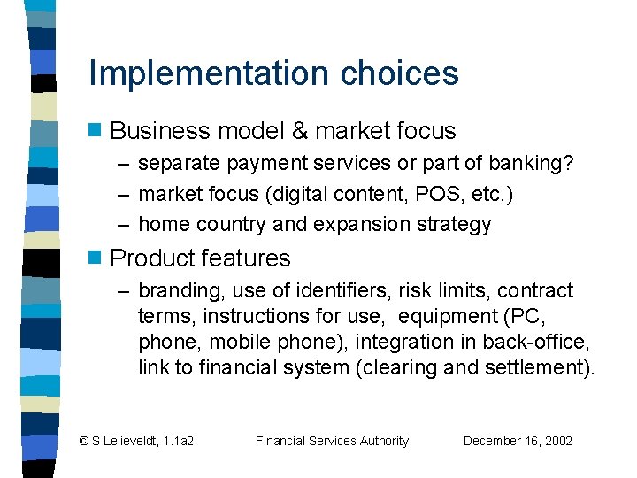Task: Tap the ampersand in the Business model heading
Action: [x=299, y=131]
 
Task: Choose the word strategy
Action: [x=457, y=224]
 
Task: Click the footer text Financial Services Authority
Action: [x=332, y=441]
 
